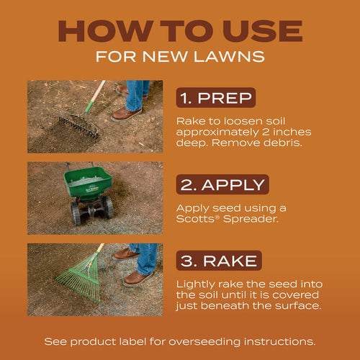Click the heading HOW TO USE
coord(180,30)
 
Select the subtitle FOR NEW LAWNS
coord(180,56)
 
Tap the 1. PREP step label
coord(215,97)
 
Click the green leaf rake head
coord(76,284)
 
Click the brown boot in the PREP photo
coord(127,113)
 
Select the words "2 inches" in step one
coord(288,132)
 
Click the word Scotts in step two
coord(197,220)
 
